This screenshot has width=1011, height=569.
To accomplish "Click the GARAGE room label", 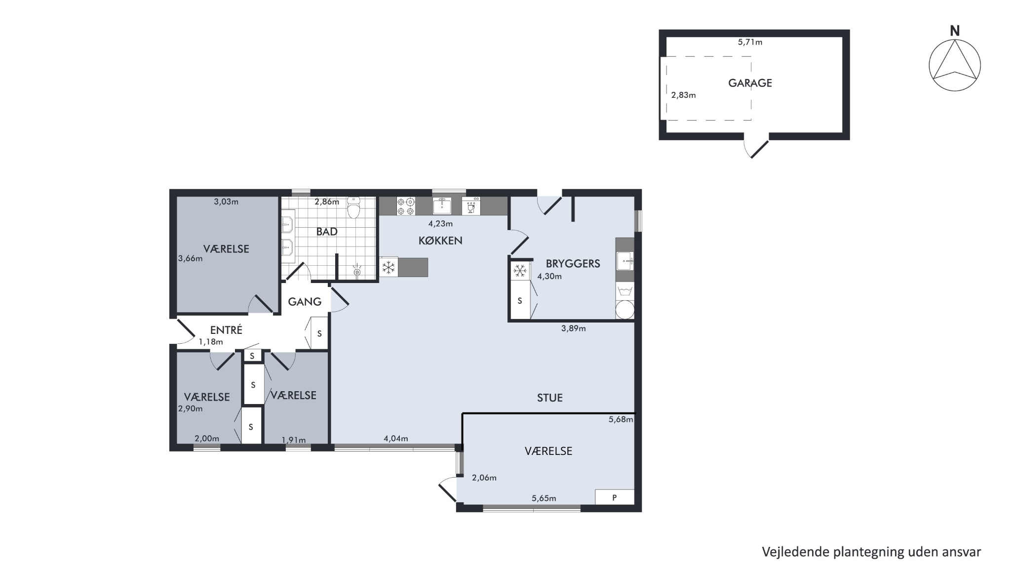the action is [x=750, y=83].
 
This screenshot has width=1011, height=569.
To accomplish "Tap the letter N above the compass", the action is [x=955, y=31].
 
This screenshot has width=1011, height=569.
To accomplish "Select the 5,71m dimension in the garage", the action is [x=750, y=42].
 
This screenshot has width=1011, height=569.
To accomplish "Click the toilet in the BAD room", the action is [x=353, y=207].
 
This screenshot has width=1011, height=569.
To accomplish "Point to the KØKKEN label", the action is [x=440, y=241].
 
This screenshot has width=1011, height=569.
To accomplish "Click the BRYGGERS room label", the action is [x=573, y=264].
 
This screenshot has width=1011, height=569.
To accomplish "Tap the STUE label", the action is [x=549, y=398].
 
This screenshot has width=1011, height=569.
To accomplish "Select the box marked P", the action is [x=615, y=497].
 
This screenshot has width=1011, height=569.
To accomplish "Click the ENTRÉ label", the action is [x=226, y=330].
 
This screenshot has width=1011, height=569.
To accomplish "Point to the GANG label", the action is [x=305, y=302].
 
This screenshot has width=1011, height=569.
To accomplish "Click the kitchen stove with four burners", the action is [x=406, y=206].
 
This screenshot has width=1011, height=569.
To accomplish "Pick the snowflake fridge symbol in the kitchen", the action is [x=389, y=268].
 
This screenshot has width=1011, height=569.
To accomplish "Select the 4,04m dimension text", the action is [x=396, y=439].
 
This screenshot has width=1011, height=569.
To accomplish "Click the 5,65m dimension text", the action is [x=544, y=498].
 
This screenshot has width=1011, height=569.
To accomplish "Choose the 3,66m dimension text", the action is [x=190, y=258].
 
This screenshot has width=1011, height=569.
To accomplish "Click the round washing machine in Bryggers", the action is [x=625, y=310].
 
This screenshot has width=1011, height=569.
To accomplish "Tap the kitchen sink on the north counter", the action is [x=442, y=205].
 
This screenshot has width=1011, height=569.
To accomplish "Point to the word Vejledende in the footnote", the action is [x=795, y=552].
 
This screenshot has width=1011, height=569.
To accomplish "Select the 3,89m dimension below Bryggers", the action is [x=574, y=328].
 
